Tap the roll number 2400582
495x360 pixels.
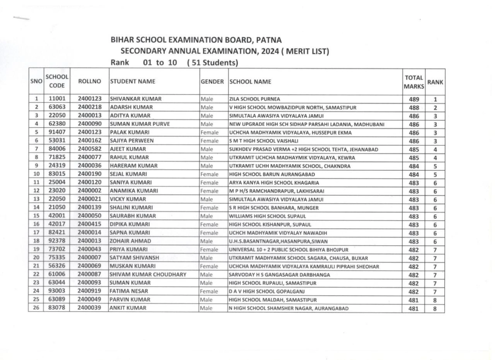point(89,149)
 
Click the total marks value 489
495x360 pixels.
point(413,99)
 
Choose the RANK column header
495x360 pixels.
point(435,82)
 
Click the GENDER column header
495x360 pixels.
point(212,82)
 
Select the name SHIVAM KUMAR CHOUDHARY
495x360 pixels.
point(148,275)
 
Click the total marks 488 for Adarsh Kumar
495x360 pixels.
point(413,107)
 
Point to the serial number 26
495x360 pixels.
point(36,309)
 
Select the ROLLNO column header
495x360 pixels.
point(89,82)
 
